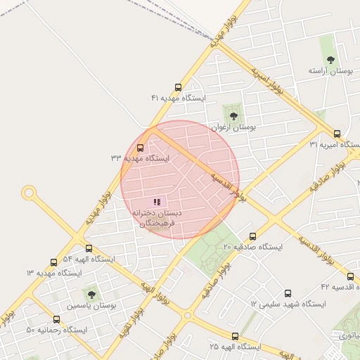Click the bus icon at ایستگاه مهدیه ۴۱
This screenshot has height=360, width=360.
coord(178,89)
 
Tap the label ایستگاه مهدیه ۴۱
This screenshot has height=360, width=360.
coord(178,99)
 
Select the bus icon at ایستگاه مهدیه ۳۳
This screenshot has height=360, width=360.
coord(140,148)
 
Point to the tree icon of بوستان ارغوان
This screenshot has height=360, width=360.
coord(233,116)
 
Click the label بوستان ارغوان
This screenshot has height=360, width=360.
coord(234,127)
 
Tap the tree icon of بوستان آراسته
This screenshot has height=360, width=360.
coord(330,60)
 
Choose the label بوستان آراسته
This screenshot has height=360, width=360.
coord(330,71)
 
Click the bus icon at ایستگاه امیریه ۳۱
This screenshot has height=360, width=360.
coord(337,134)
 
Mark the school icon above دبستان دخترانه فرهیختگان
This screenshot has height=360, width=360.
coord(156,202)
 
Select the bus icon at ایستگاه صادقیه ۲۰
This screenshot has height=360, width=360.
coord(252,237)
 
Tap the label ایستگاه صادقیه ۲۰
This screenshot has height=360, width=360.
coord(252,247)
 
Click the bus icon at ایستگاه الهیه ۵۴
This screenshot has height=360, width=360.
coord(89,248)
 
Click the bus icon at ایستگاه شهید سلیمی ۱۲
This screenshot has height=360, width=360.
coord(287,293)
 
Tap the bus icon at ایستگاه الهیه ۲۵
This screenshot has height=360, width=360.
coord(235,336)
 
